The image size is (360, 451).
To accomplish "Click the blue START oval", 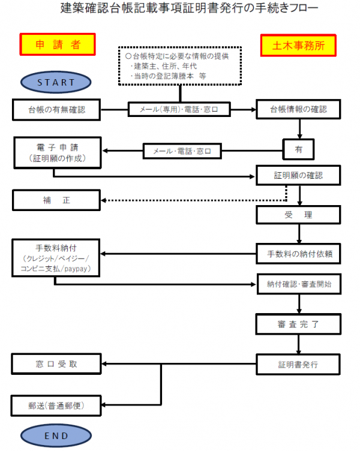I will click(56, 82).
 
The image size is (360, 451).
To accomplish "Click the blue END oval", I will click(56, 436).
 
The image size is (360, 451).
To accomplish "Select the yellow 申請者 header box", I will click(58, 44).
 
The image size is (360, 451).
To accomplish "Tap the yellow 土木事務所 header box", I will click(298, 44).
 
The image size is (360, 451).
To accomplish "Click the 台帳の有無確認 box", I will click(57, 110).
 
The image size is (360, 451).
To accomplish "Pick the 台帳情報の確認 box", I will click(298, 110).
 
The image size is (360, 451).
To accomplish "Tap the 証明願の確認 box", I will click(298, 176).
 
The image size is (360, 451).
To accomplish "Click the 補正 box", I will click(57, 200).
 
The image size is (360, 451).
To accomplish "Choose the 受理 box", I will click(298, 214).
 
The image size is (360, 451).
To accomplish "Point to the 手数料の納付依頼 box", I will click(298, 254).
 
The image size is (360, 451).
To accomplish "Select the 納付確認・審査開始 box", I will click(298, 284).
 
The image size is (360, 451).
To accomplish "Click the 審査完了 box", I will click(298, 324).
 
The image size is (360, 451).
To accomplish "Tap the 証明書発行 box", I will click(298, 364).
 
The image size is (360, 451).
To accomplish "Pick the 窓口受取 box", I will click(57, 364).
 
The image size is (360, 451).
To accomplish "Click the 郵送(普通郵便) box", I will click(57, 405).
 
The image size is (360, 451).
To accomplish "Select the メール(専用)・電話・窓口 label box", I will click(181, 110).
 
